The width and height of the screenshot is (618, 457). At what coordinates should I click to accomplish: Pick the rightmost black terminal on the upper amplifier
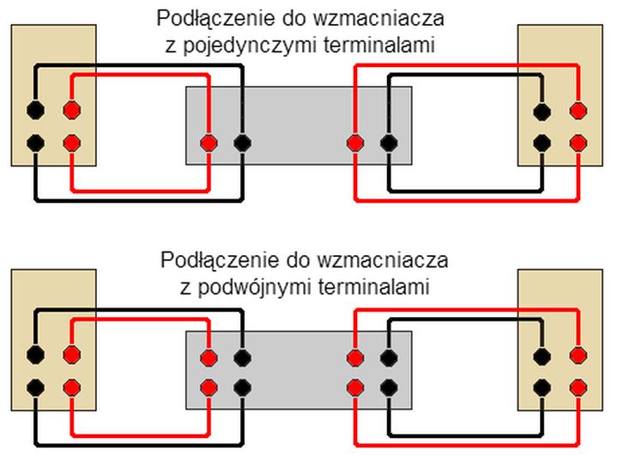coord(389,143)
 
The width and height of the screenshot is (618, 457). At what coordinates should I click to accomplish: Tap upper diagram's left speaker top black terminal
coord(35,110)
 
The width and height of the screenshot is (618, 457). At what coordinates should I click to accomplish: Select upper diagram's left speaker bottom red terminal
coord(71,143)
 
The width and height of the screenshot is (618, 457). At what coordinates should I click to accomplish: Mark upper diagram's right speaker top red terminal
coord(579,110)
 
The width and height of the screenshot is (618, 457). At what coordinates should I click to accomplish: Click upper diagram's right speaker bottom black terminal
coord(542,143)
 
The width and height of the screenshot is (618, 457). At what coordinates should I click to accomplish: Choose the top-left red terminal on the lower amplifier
coord(207,356)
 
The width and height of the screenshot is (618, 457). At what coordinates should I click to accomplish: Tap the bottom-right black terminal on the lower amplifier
coord(389,387)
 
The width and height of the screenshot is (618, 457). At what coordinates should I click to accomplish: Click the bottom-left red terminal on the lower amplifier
coord(207,387)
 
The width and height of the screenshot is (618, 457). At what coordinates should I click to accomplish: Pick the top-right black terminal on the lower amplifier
coord(389,356)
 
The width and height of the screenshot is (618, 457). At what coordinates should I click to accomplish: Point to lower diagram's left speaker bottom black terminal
coord(35,387)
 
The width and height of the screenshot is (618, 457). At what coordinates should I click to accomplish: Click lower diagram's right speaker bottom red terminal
coord(579,387)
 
